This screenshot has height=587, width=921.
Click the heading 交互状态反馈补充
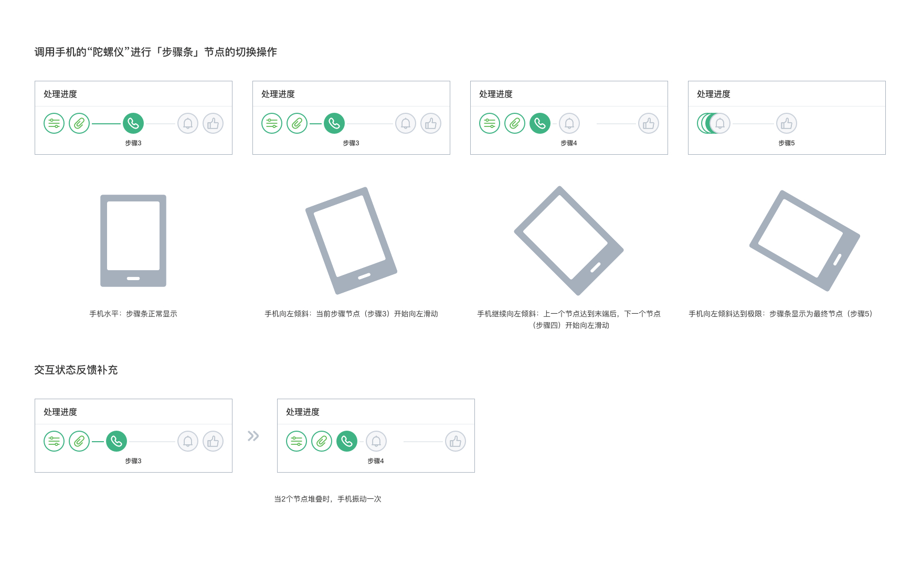[x=76, y=370]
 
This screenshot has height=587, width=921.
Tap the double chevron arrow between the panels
[x=253, y=436]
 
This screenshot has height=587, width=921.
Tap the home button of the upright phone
[x=133, y=279]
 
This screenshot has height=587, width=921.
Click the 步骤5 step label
[x=786, y=143]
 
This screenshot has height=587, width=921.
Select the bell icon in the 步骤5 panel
[x=720, y=123]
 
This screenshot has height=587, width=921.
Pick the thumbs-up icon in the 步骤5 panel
[x=786, y=123]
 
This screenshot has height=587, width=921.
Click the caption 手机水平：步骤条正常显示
[x=133, y=314]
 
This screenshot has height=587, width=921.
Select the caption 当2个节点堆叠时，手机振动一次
[x=327, y=499]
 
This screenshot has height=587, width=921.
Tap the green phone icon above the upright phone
[x=133, y=123]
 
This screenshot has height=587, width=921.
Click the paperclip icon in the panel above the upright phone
[x=79, y=123]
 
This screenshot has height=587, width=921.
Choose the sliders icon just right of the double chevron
[x=297, y=441]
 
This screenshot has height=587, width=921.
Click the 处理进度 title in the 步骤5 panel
[x=713, y=94]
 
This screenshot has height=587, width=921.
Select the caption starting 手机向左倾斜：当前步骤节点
[x=351, y=314]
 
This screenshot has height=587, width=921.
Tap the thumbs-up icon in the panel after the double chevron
[x=456, y=441]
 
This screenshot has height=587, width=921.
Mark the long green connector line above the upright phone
[x=107, y=124]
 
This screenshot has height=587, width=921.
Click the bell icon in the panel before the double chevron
[x=188, y=441]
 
